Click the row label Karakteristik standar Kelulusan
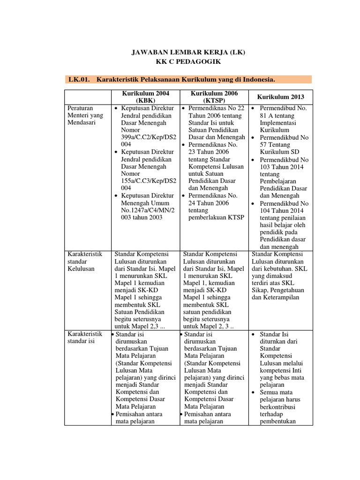(84, 261)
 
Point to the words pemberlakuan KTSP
(216, 217)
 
